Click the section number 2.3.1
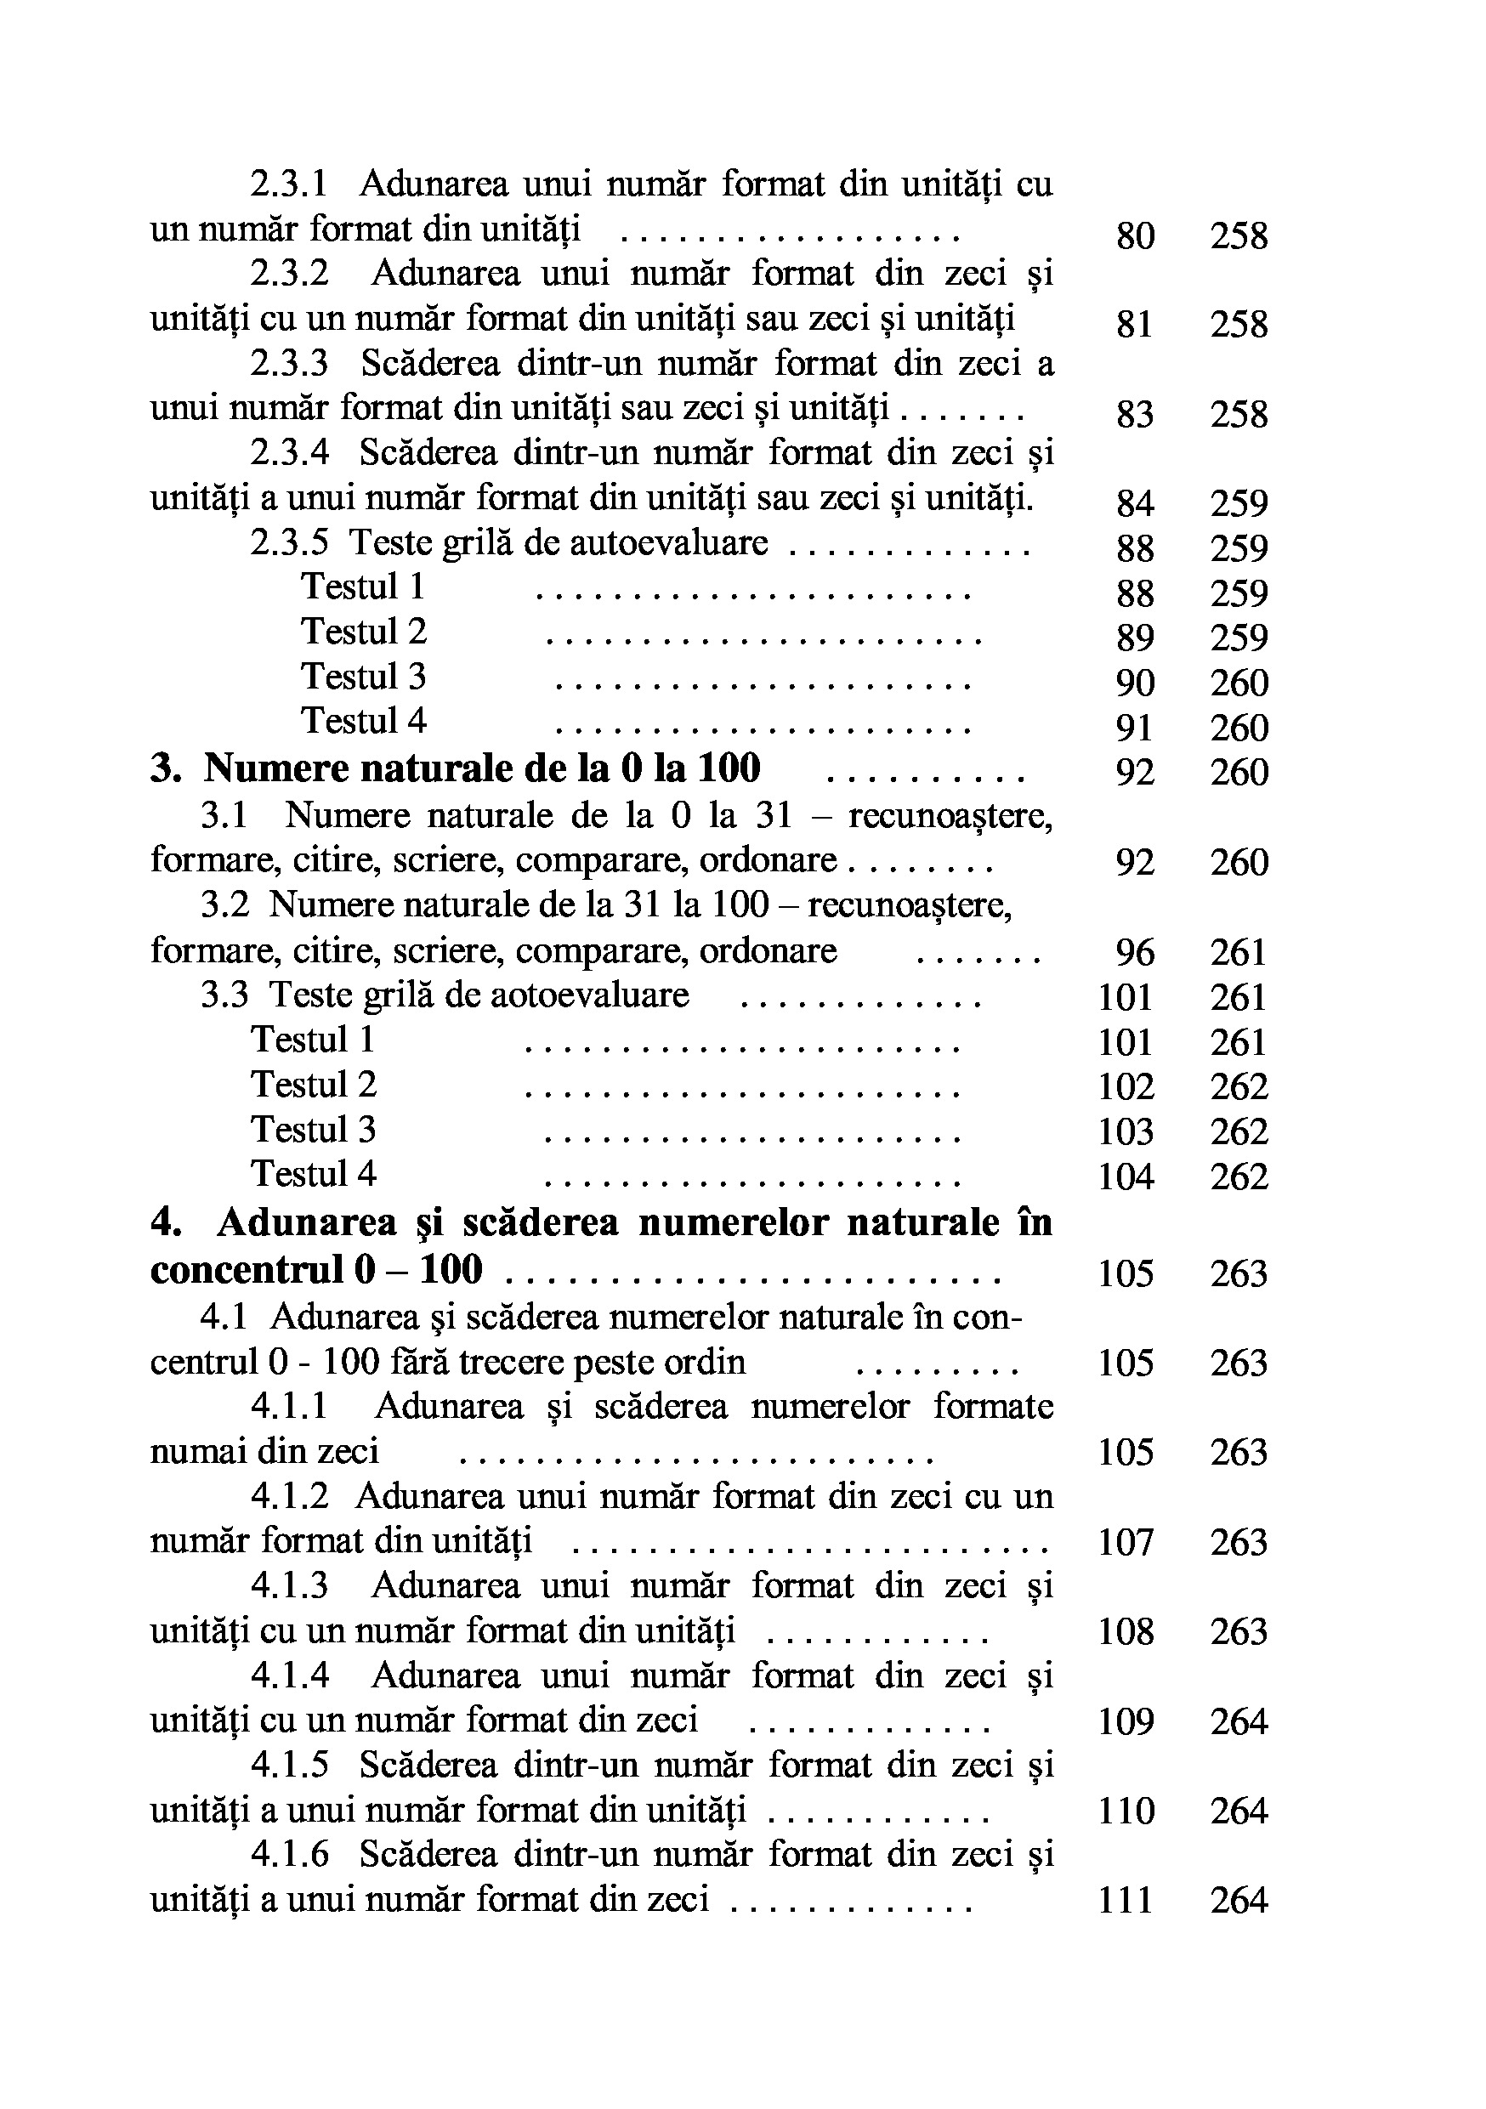[288, 184]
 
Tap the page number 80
[1134, 236]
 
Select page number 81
[1134, 326]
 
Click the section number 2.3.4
[288, 453]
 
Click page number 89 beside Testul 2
[1134, 638]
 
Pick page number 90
[1134, 683]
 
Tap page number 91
[1134, 729]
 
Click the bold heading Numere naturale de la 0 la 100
[481, 768]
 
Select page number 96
[1134, 953]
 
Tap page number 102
[1126, 1087]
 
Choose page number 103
[1126, 1132]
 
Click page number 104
[1126, 1176]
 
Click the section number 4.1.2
[288, 1496]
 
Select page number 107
[1126, 1542]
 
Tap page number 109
[1126, 1722]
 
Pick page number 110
[1126, 1811]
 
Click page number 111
[1126, 1901]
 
